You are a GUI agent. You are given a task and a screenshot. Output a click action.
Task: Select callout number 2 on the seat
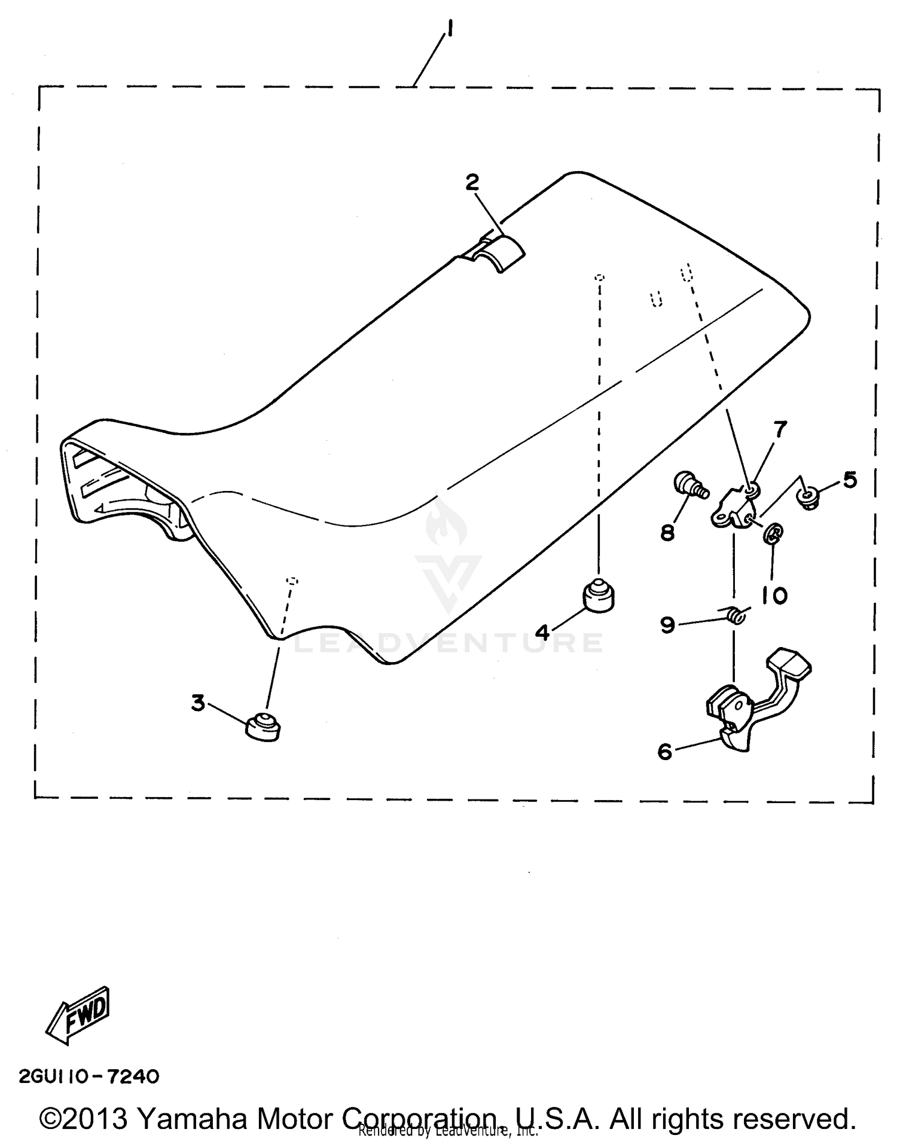(472, 182)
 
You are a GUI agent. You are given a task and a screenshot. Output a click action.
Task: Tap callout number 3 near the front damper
(198, 703)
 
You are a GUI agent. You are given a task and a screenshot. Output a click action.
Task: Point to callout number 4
(542, 631)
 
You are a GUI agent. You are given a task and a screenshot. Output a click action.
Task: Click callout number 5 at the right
(850, 480)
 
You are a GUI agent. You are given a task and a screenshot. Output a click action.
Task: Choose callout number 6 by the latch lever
(665, 751)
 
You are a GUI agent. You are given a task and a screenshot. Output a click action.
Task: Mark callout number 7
(780, 429)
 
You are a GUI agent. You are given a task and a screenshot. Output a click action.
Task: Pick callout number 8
(667, 532)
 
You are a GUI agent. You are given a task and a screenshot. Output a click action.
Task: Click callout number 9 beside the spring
(667, 625)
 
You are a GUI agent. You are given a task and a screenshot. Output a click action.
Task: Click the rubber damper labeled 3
(263, 727)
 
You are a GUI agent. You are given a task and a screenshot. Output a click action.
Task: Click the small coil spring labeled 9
(737, 614)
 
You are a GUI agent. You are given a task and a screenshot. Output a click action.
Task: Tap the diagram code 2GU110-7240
(89, 1077)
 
